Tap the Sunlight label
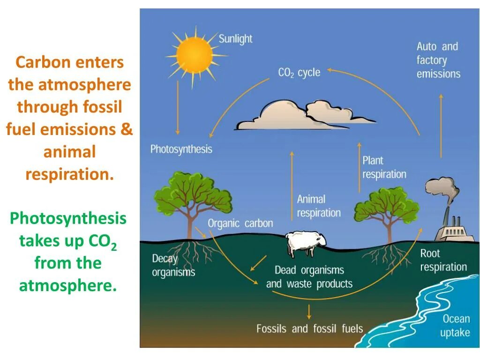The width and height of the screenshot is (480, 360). pyautogui.click(x=235, y=38)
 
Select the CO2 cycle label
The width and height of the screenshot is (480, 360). pyautogui.click(x=299, y=73)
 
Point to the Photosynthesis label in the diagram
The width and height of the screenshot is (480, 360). pyautogui.click(x=181, y=149)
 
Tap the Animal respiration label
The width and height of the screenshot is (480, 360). pyautogui.click(x=318, y=206)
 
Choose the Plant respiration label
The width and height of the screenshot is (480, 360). pyautogui.click(x=384, y=167)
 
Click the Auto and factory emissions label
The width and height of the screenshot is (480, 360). pyautogui.click(x=438, y=60)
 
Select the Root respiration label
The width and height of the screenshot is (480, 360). pyautogui.click(x=443, y=260)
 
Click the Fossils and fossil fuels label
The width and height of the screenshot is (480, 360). pyautogui.click(x=309, y=328)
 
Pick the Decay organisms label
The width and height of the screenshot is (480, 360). pyautogui.click(x=173, y=265)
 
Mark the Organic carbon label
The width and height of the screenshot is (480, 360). pyautogui.click(x=240, y=223)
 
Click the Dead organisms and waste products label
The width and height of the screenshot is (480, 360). pyautogui.click(x=309, y=277)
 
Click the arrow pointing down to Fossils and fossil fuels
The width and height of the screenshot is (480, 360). pyautogui.click(x=309, y=312)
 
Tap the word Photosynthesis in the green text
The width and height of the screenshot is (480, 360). pyautogui.click(x=68, y=218)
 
